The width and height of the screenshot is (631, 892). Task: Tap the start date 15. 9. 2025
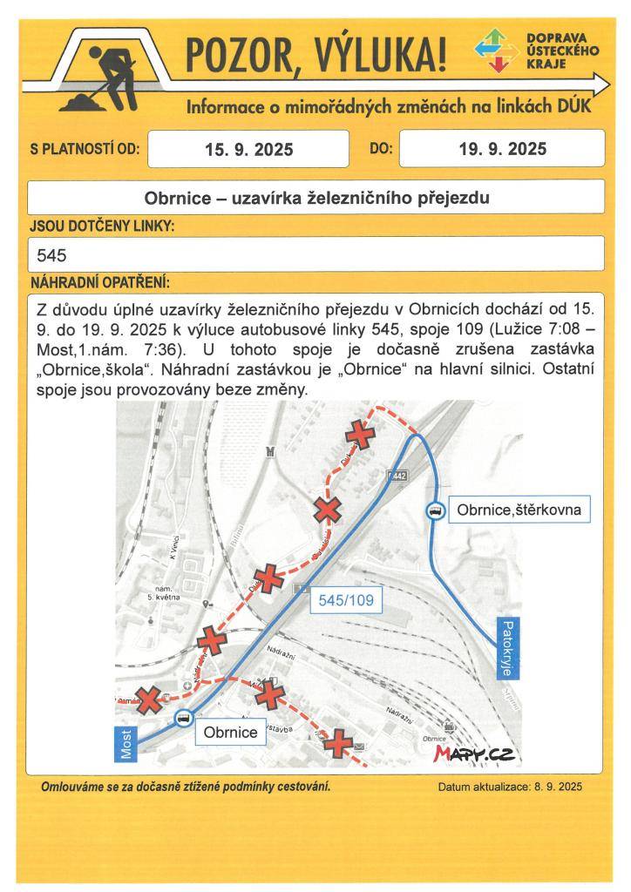point(248,149)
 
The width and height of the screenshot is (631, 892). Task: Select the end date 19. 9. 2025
point(502,148)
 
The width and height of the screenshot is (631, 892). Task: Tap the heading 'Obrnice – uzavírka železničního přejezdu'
point(316,198)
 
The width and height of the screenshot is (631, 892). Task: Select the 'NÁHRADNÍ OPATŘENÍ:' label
point(99,283)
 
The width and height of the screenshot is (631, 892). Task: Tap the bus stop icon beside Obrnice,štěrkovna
point(432,511)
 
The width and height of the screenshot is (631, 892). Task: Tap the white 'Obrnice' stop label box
point(230,733)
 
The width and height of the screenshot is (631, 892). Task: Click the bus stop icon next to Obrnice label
point(182,718)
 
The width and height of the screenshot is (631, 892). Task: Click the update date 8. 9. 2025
point(546,787)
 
